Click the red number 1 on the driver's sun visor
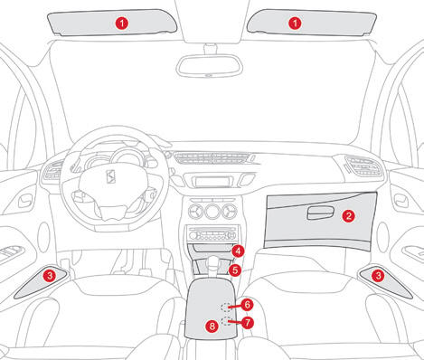[x=122, y=24]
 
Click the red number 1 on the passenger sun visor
[x=295, y=24]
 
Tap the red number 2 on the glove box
[x=348, y=216]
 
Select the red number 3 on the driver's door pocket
[x=49, y=275]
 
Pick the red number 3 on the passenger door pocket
[x=378, y=275]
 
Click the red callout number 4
[x=238, y=251]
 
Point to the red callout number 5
[x=235, y=270]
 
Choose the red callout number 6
[x=247, y=305]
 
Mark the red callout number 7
[x=248, y=323]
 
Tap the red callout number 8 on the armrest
[x=212, y=326]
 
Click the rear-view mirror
[x=210, y=66]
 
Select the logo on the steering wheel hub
[x=111, y=176]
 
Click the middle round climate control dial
[x=212, y=212]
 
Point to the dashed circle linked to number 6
[x=225, y=308]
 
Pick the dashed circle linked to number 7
[x=225, y=321]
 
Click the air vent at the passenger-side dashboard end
[x=364, y=167]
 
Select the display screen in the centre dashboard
[x=212, y=182]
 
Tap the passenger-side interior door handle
[x=401, y=201]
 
